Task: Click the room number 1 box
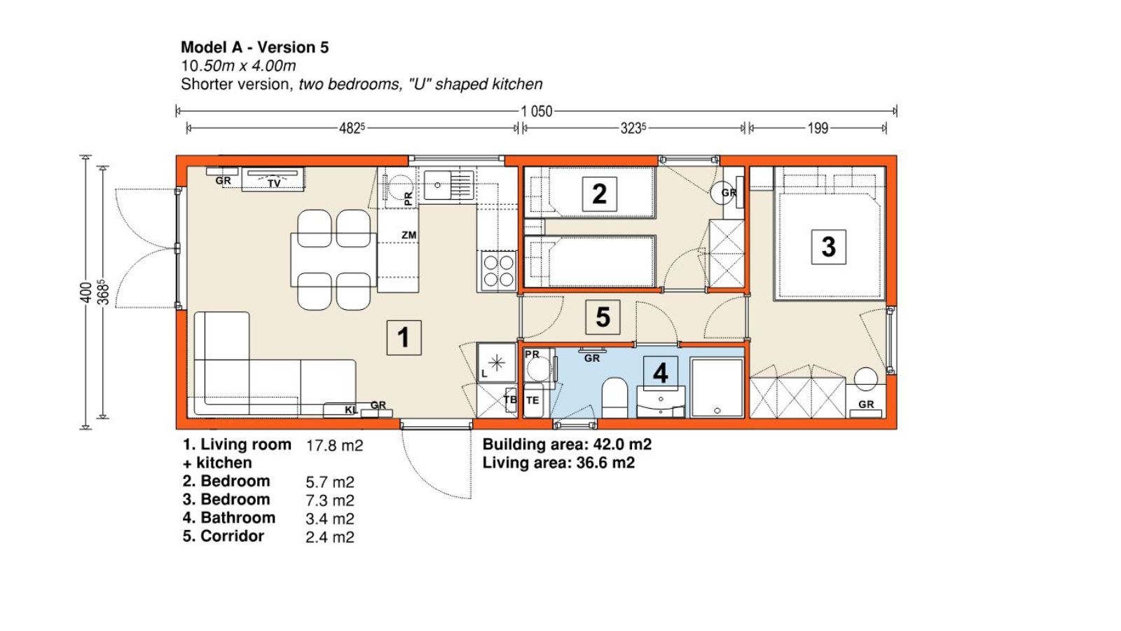(404, 337)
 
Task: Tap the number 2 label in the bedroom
(600, 194)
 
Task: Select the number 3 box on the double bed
(829, 247)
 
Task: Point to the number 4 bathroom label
(661, 373)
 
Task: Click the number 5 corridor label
(603, 317)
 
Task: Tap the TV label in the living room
(274, 184)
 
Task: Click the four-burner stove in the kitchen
(498, 271)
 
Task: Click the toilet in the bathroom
(614, 398)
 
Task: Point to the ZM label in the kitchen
(409, 235)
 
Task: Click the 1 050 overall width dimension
(537, 111)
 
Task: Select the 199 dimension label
(818, 129)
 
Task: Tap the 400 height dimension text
(85, 292)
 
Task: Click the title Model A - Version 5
(255, 48)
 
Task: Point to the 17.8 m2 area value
(334, 445)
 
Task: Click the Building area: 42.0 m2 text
(567, 445)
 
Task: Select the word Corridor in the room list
(232, 536)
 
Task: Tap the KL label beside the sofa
(351, 410)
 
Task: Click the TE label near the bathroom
(532, 400)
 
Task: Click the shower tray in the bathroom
(717, 387)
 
